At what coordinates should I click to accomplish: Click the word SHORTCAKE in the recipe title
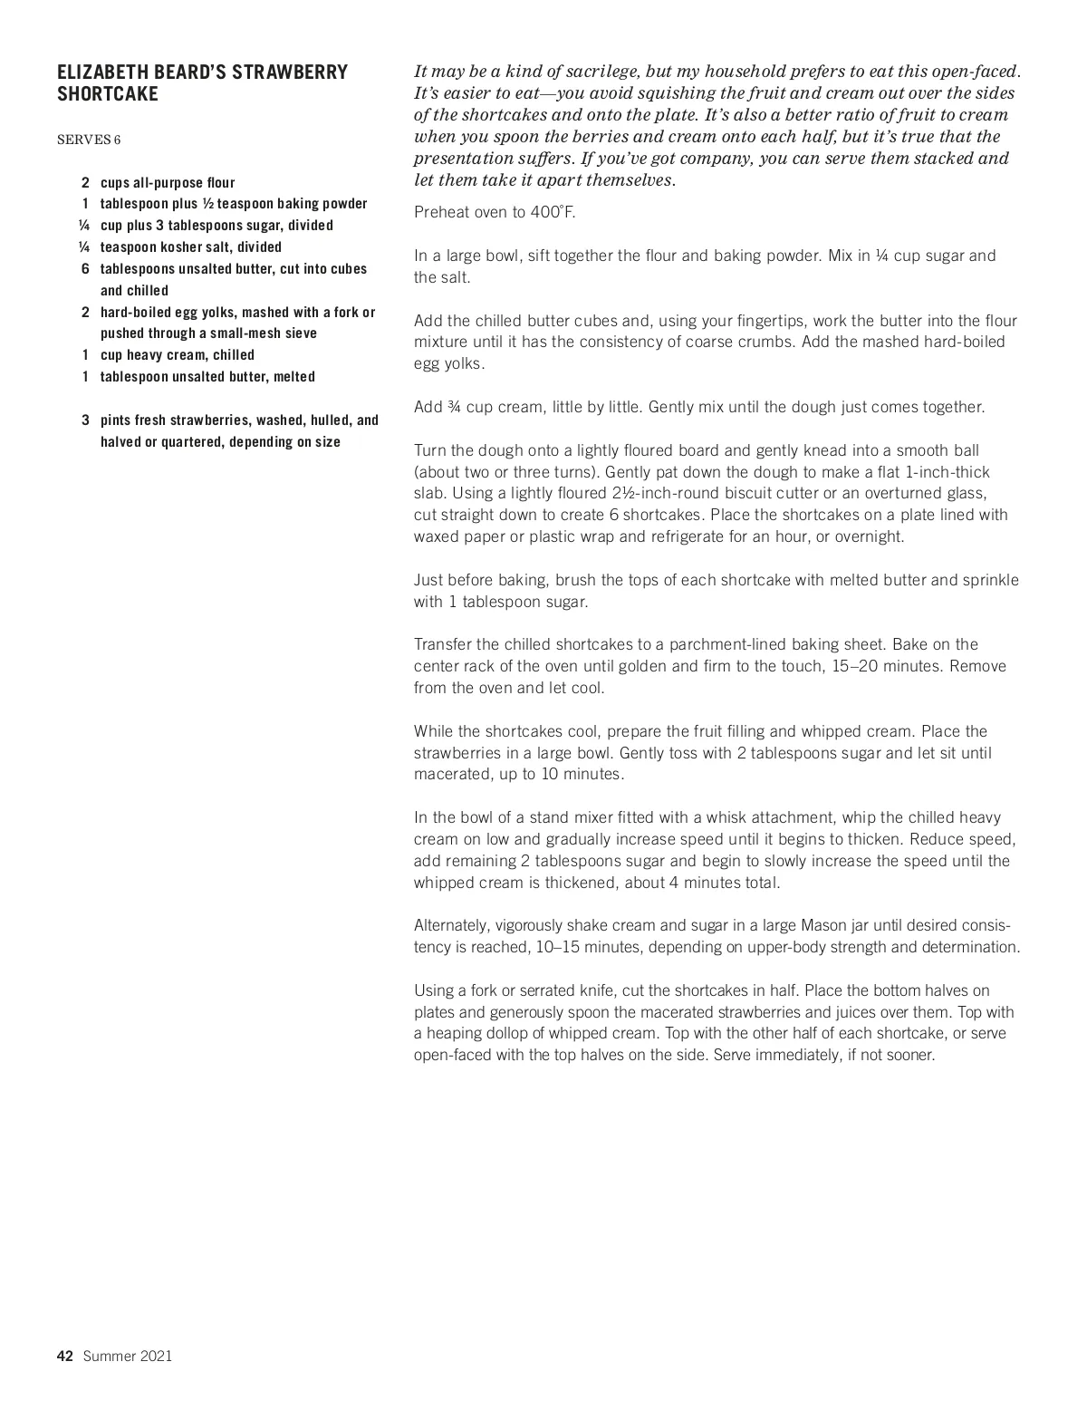tap(107, 94)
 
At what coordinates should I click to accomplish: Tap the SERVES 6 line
tap(89, 140)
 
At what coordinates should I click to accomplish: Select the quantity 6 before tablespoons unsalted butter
tap(85, 269)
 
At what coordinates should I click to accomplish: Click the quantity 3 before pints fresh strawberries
tap(85, 420)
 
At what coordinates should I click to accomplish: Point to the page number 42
tap(64, 1356)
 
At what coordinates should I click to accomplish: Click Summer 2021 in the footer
tap(128, 1356)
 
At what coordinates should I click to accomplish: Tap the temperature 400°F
tap(553, 212)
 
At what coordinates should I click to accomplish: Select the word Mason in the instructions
tap(822, 925)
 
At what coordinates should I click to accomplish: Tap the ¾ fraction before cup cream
tap(454, 407)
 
